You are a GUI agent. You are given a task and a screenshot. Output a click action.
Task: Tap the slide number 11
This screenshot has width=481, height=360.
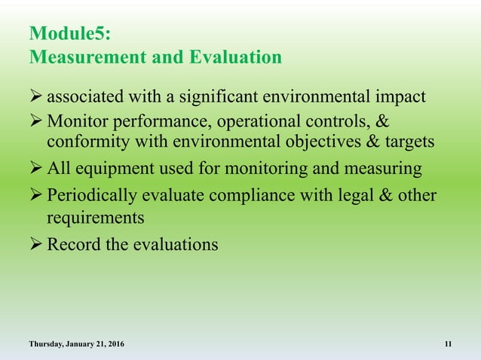[x=449, y=344]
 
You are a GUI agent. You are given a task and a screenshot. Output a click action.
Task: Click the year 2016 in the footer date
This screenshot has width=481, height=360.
[x=113, y=344]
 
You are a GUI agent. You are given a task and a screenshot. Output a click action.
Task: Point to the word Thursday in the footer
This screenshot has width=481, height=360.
[x=47, y=344]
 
